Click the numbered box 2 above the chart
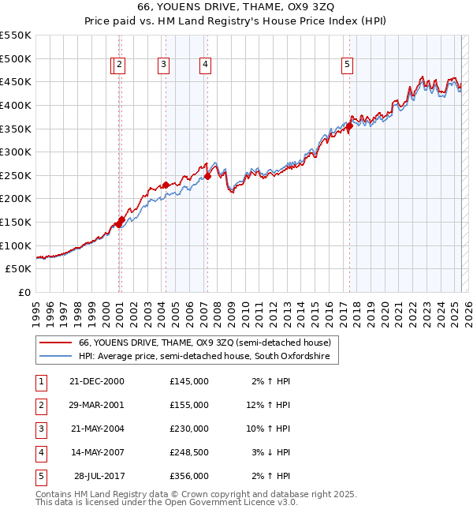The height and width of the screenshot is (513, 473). coord(119,66)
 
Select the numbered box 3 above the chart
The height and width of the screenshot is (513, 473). coord(163,66)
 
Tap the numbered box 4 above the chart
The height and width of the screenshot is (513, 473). coord(205,66)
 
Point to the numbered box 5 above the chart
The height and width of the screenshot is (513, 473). coord(348,66)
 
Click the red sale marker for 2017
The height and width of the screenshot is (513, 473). coord(349,126)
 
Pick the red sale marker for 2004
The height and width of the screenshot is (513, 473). coord(166,185)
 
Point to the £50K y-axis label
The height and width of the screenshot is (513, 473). coord(19,269)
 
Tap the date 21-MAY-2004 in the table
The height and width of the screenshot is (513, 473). coord(97,428)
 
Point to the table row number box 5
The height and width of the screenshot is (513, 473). coord(39,476)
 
